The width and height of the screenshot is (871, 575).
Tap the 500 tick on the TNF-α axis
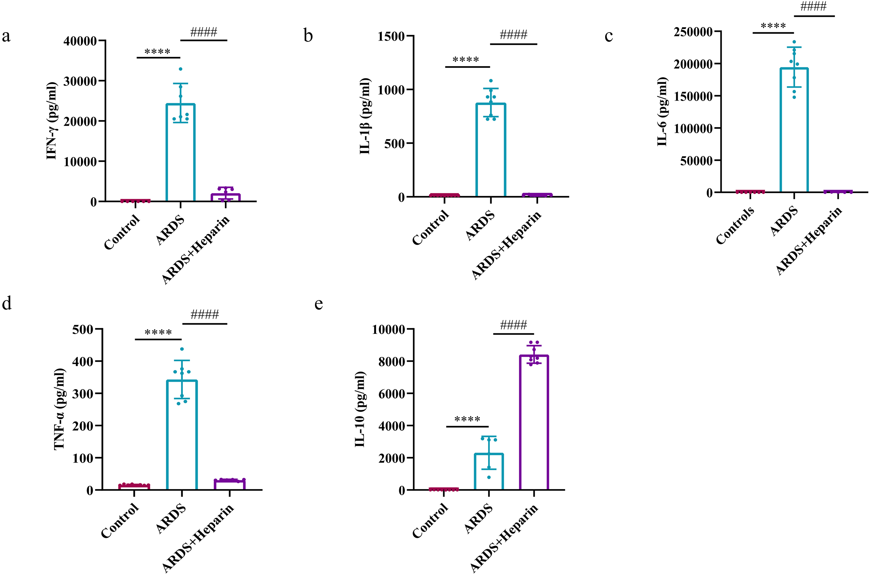pyautogui.click(x=83, y=329)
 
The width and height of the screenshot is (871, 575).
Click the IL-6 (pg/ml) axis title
pyautogui.click(x=662, y=112)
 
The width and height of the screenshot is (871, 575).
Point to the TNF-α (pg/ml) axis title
pyautogui.click(x=60, y=409)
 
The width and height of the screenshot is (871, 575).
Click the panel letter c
pyautogui.click(x=608, y=36)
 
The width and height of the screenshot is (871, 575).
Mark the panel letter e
pyautogui.click(x=319, y=304)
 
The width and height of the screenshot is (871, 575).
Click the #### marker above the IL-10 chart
pyautogui.click(x=513, y=325)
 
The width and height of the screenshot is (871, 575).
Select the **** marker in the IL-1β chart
pyautogui.click(x=466, y=60)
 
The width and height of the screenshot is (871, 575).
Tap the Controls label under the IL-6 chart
pyautogui.click(x=735, y=225)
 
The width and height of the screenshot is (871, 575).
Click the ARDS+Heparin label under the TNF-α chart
pyautogui.click(x=198, y=537)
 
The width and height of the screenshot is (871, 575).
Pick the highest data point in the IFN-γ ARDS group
pyautogui.click(x=180, y=69)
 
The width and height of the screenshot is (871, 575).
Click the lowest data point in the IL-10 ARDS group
pyautogui.click(x=489, y=477)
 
